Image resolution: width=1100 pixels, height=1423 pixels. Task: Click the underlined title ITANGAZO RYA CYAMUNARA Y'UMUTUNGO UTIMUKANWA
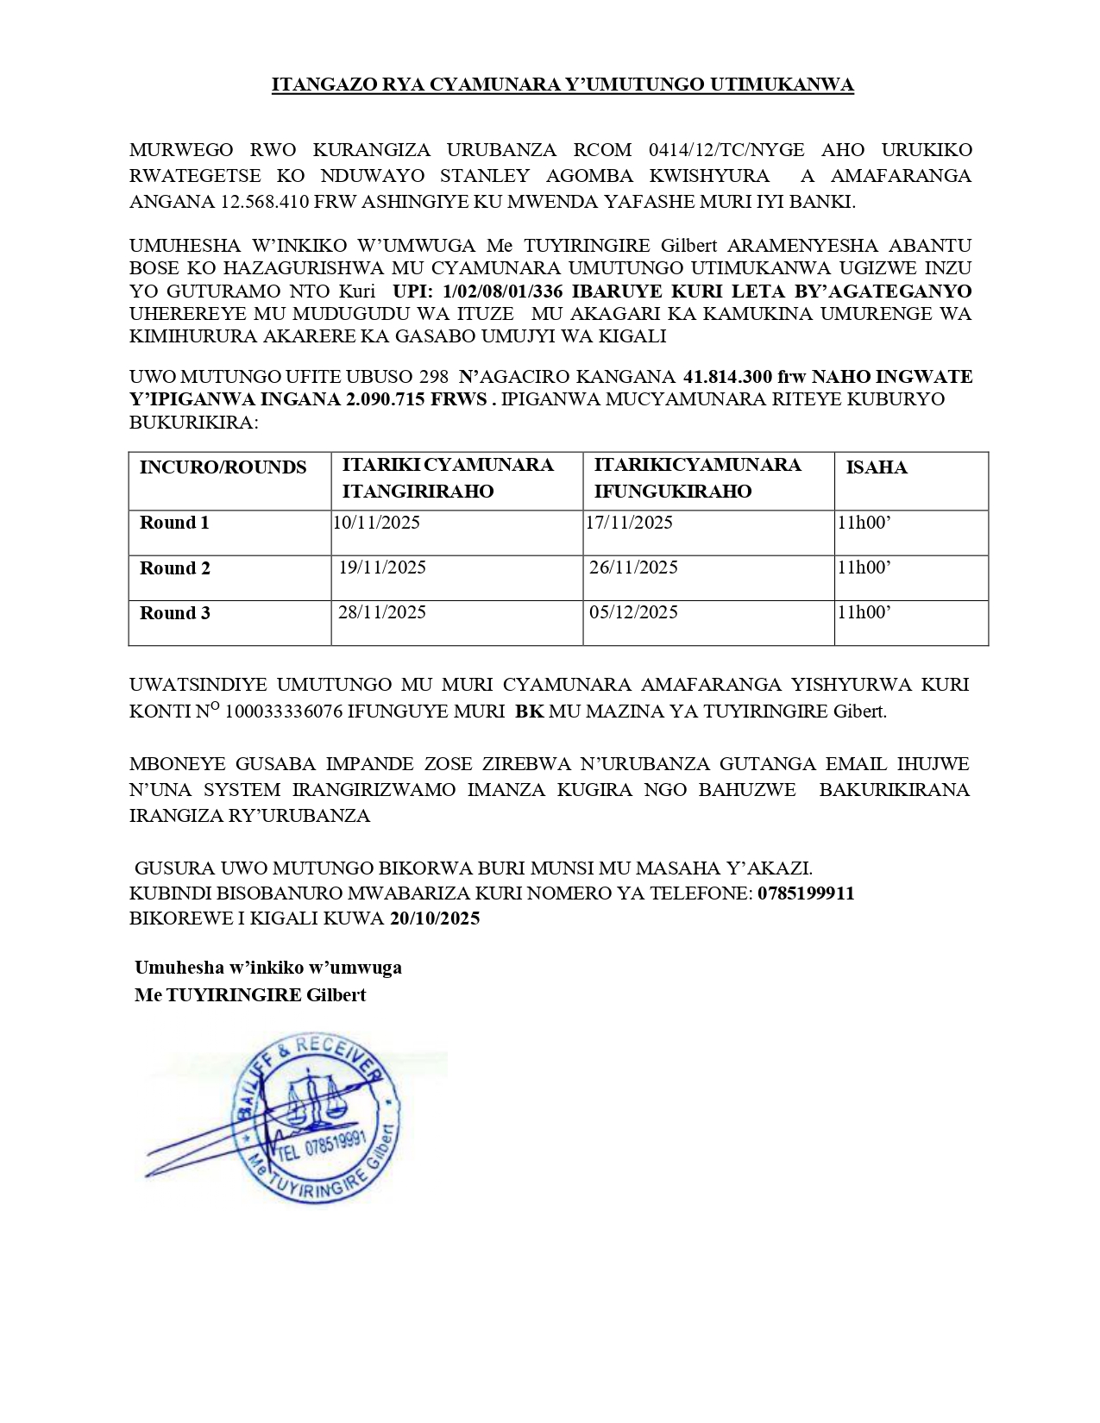(x=563, y=85)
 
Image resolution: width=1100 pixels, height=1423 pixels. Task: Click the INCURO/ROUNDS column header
(x=223, y=467)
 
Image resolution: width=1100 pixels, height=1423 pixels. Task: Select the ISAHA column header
(x=876, y=467)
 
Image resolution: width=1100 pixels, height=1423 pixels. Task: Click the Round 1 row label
(x=174, y=523)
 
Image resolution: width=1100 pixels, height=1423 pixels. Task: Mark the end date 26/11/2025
(x=633, y=567)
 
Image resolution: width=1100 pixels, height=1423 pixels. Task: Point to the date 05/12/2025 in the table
(x=633, y=612)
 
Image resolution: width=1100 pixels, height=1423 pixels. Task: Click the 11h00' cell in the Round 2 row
(x=864, y=567)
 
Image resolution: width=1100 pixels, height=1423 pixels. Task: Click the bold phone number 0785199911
(x=806, y=893)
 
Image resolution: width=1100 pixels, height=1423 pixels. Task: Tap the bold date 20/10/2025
(x=435, y=918)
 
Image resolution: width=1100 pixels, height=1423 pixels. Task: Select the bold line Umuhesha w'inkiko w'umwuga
(x=268, y=968)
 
